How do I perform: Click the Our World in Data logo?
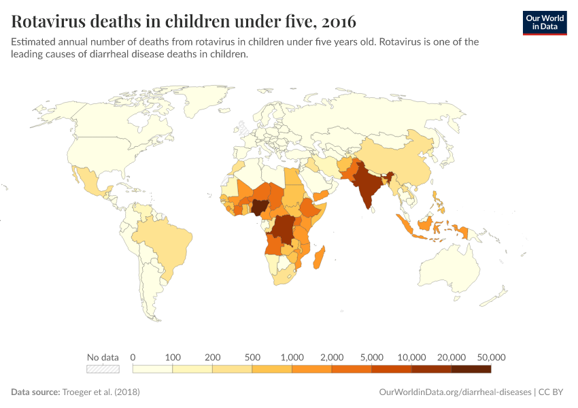pos(544,22)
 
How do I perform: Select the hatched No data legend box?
pos(103,369)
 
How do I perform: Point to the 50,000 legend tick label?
pos(491,357)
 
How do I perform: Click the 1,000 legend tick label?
pos(292,357)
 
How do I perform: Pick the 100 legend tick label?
pos(173,357)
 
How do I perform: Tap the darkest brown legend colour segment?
pos(471,369)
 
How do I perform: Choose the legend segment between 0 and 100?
pos(152,369)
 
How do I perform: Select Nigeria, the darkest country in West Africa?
pos(259,207)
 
